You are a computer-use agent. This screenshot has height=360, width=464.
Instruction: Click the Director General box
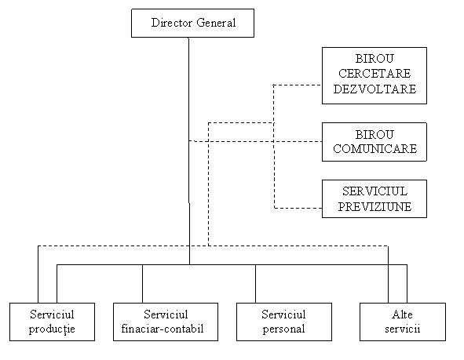[x=192, y=23]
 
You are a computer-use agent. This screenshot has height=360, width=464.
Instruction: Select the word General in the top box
[x=216, y=23]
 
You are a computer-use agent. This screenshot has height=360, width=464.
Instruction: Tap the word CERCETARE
[x=374, y=74]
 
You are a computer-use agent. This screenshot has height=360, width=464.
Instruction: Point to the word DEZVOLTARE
[x=374, y=89]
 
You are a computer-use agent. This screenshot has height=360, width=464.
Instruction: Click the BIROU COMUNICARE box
[x=374, y=142]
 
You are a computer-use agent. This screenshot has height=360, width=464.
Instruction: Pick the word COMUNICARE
[x=375, y=149]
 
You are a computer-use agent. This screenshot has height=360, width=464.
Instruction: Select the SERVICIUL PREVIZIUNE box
[x=374, y=198]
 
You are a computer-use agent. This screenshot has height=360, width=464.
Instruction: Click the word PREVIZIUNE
[x=374, y=206]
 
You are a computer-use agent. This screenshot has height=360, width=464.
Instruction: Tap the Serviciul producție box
[x=52, y=322]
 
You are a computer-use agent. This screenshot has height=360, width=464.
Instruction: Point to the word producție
[x=52, y=329]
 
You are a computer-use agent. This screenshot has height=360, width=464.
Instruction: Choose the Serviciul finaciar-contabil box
[x=166, y=322]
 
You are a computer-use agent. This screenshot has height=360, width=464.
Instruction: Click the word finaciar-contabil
[x=163, y=329]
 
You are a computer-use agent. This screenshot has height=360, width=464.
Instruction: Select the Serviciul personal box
[x=284, y=322]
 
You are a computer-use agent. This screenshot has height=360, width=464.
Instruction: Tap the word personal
[x=283, y=329]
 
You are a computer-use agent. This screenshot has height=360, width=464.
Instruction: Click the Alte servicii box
[x=403, y=322]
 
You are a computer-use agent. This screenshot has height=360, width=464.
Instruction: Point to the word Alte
[x=402, y=315]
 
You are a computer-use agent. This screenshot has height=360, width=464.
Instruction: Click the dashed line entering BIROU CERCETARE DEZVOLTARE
[x=298, y=85]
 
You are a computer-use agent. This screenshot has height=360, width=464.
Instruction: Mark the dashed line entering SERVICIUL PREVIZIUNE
[x=298, y=208]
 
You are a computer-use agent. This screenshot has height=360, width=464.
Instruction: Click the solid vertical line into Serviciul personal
[x=256, y=284]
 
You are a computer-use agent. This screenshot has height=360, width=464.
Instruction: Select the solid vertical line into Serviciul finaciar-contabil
[x=142, y=284]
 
